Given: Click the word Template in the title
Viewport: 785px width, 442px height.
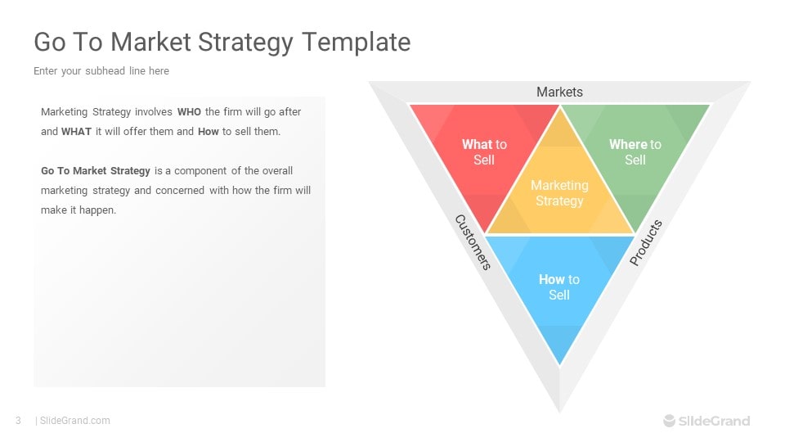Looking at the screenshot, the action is tap(356, 42).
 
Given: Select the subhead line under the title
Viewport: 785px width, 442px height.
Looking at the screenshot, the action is tap(101, 71).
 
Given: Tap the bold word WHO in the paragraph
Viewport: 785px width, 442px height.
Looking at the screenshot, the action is tap(189, 112).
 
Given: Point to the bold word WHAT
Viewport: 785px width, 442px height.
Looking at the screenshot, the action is tap(76, 131).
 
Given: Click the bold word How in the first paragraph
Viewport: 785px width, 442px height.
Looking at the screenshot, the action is tap(209, 131).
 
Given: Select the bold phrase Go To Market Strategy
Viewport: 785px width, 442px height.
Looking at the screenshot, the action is tap(96, 171).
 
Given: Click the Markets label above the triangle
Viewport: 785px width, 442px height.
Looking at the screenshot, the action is tap(559, 92).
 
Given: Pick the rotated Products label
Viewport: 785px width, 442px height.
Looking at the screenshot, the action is tap(646, 242).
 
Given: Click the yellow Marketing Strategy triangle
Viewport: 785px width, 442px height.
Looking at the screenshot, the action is tap(559, 193).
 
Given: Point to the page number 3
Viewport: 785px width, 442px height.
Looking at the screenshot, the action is tap(19, 421).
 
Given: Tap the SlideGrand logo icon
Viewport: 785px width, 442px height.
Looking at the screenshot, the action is tap(670, 421).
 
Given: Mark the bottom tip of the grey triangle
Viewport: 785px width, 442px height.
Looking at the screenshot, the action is tap(559, 413).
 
